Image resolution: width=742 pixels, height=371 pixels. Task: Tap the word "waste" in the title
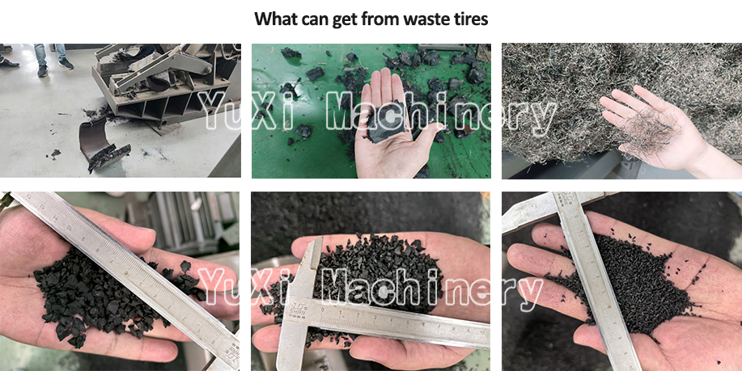click(423, 19)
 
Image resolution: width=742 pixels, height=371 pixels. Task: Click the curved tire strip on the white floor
click(97, 141)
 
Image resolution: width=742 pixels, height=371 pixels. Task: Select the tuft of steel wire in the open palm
click(653, 128)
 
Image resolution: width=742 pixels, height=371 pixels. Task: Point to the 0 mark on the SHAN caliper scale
click(323, 310)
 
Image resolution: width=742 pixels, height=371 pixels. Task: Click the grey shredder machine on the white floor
click(163, 85)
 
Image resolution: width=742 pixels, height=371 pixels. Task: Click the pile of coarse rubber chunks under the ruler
click(109, 293)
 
